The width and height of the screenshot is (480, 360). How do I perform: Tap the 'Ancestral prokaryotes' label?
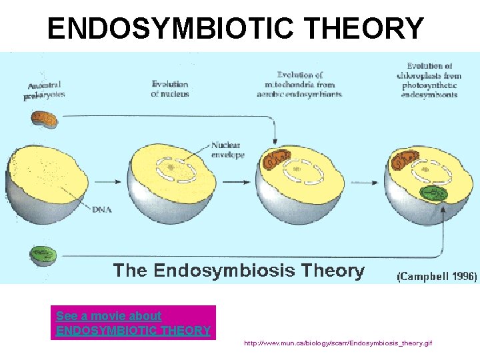(45, 90)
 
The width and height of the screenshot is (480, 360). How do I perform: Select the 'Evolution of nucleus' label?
(170, 89)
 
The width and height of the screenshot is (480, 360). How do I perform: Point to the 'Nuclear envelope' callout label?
(227, 150)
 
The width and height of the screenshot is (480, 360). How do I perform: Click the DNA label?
(102, 210)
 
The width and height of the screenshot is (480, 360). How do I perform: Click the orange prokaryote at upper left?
(44, 120)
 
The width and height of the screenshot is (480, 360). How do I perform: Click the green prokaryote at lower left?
(43, 255)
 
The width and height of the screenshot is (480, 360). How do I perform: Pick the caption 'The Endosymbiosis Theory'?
(239, 271)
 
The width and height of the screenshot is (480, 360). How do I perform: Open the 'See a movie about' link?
(109, 315)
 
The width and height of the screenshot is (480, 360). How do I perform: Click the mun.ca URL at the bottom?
(338, 343)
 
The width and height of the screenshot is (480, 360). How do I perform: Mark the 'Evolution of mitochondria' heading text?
(299, 85)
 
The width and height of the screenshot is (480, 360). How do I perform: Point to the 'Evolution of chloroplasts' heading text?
(429, 80)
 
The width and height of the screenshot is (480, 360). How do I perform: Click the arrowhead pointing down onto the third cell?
(275, 139)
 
